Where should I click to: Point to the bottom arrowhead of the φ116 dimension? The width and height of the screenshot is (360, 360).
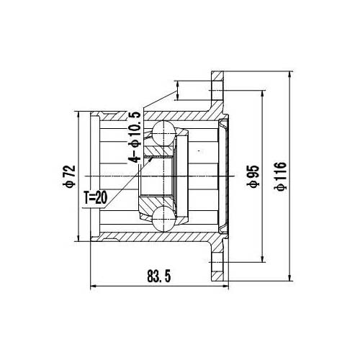289,279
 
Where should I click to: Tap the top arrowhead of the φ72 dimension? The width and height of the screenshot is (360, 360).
77,113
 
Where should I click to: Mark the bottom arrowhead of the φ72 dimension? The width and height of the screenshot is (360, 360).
77,239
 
